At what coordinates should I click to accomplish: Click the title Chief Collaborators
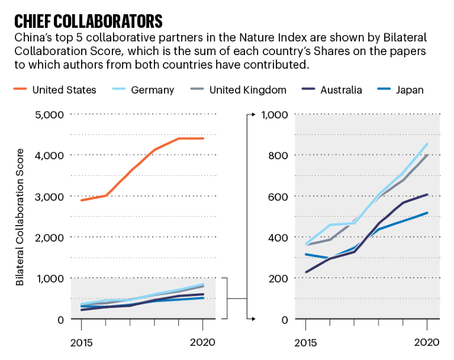[88, 21]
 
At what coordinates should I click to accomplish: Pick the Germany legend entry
[153, 90]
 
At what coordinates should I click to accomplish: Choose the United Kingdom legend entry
[248, 90]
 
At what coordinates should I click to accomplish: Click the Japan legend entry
[410, 90]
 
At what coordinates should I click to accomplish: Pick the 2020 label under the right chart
[427, 342]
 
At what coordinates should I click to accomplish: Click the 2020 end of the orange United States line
[203, 139]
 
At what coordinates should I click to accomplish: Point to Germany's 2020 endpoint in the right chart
[427, 144]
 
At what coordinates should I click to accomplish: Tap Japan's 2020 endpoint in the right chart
[427, 213]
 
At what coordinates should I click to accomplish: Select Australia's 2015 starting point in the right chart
[306, 272]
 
